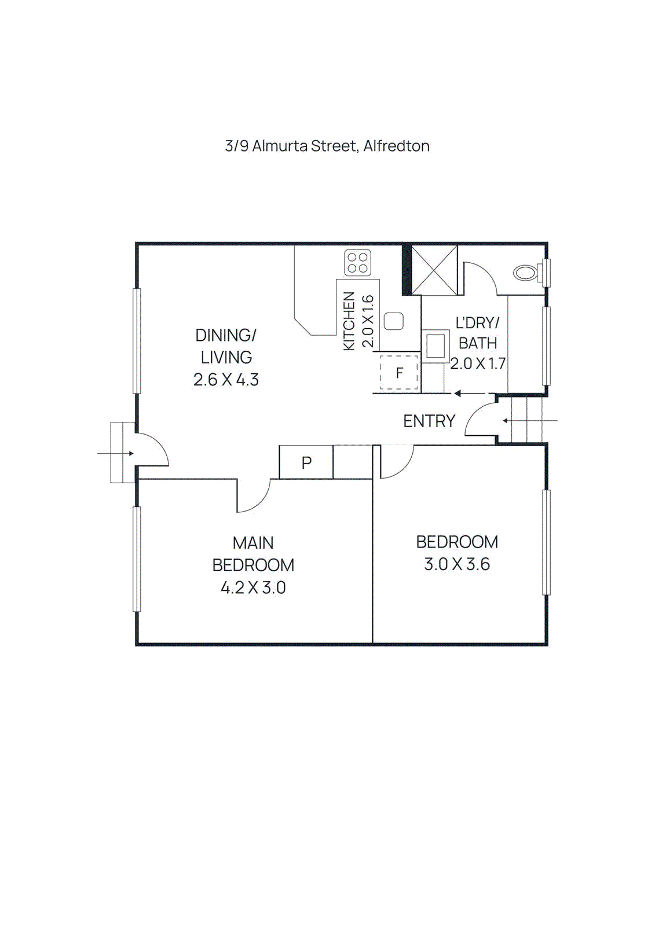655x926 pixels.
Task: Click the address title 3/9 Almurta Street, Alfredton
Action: (x=327, y=146)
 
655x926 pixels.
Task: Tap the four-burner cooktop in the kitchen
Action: (x=357, y=263)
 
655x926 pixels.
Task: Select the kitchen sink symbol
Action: (x=394, y=321)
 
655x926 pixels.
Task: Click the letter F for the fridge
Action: (x=399, y=373)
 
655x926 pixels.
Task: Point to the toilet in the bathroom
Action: (x=526, y=272)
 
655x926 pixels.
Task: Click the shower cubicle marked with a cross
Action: (x=434, y=270)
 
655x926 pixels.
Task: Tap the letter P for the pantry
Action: (x=306, y=462)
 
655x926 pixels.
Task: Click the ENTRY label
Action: (x=429, y=421)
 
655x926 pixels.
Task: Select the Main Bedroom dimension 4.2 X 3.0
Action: (x=253, y=588)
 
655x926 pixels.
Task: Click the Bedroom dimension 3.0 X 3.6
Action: (x=457, y=564)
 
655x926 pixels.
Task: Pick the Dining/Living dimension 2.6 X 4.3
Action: (x=226, y=380)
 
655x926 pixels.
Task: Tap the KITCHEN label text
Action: (x=349, y=321)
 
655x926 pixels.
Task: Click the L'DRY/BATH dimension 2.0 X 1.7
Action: (x=478, y=364)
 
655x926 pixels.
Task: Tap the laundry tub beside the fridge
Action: (x=436, y=346)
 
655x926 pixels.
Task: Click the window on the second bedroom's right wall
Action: (x=546, y=542)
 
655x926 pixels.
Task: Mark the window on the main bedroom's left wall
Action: (x=137, y=559)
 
